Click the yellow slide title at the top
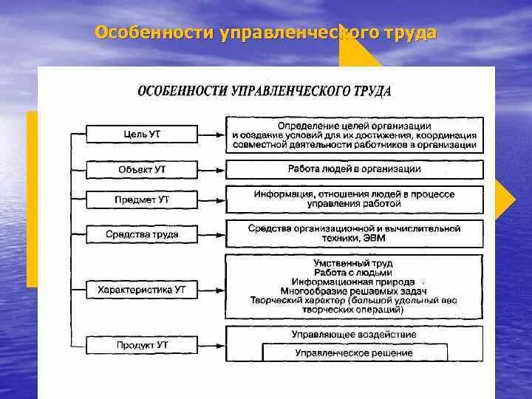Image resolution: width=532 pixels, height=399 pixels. (x=266, y=34)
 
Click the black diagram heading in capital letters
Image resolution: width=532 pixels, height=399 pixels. (x=265, y=92)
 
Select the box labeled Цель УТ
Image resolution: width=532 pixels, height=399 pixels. (x=143, y=134)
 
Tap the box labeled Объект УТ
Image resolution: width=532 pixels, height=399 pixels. (x=143, y=170)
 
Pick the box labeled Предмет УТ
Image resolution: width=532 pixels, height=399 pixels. (x=143, y=199)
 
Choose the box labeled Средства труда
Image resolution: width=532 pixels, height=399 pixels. (x=143, y=235)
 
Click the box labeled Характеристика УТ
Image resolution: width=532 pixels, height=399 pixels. (x=143, y=290)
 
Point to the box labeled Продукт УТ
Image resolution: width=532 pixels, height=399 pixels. (x=143, y=345)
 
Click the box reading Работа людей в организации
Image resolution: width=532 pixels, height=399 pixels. (x=354, y=169)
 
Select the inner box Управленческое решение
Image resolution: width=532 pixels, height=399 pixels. (x=354, y=353)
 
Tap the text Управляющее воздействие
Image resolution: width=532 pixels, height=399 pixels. (x=354, y=335)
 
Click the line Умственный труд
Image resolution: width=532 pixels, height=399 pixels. (x=354, y=263)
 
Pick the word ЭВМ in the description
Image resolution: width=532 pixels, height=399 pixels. (x=375, y=239)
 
